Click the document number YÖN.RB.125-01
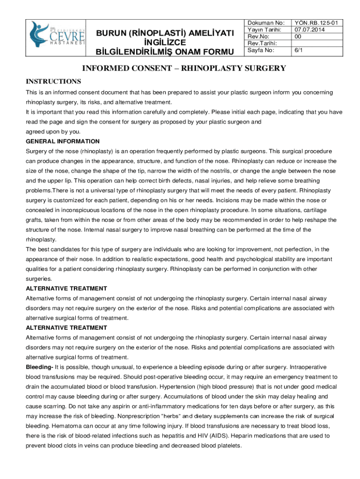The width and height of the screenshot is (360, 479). (x=317, y=22)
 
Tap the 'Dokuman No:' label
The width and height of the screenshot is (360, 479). (x=265, y=22)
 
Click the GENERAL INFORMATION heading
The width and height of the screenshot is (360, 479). (x=63, y=141)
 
